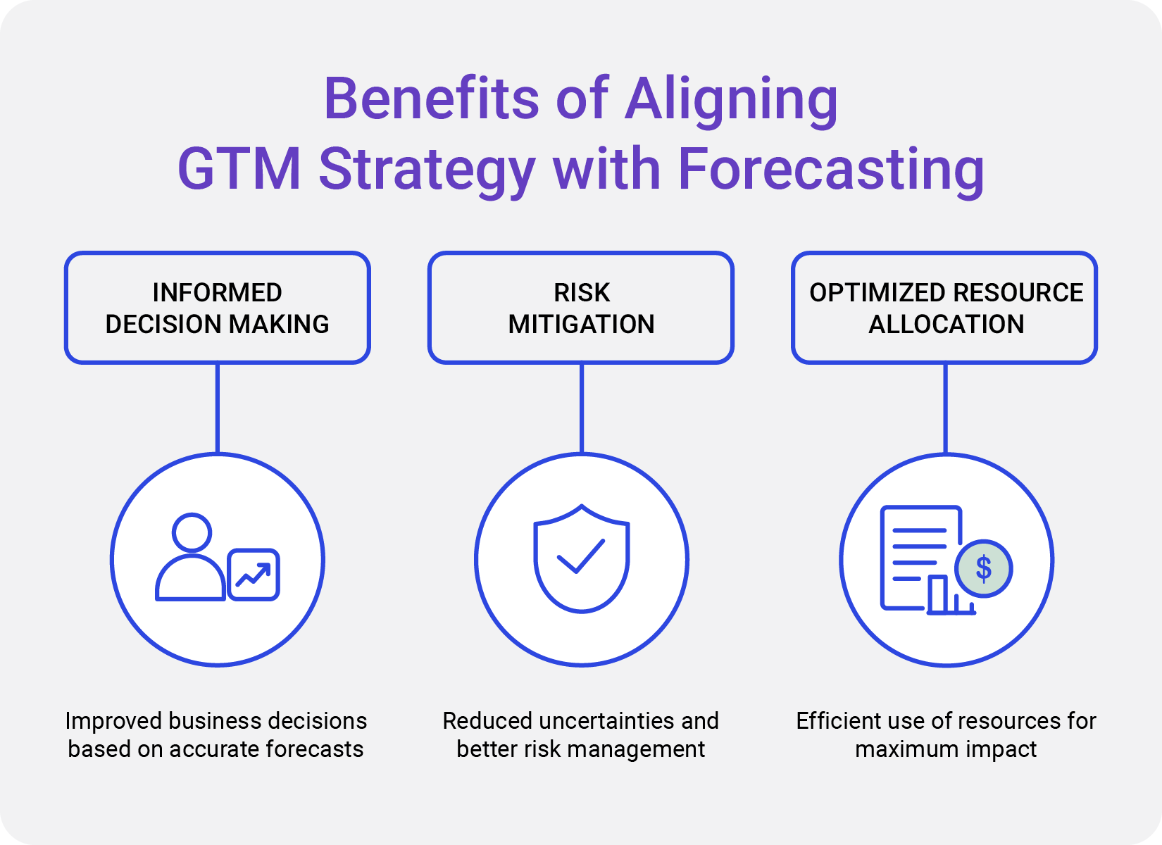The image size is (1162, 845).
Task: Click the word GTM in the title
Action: [x=239, y=170]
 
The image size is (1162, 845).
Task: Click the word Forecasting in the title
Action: [x=831, y=170]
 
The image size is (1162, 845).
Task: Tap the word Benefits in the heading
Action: [x=430, y=99]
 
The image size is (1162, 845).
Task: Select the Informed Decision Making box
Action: [x=217, y=308]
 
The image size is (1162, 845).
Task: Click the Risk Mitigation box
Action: [x=581, y=308]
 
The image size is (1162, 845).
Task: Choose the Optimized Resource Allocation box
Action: [x=944, y=308]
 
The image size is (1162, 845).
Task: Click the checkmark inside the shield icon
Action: [x=581, y=556]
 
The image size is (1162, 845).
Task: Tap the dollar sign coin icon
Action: [x=983, y=568]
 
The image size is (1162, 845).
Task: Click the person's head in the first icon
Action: [x=192, y=532]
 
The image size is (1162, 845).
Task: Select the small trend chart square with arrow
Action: [x=254, y=575]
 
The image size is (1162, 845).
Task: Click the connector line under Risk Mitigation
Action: [x=582, y=408]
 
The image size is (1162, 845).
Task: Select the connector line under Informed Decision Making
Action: [x=218, y=408]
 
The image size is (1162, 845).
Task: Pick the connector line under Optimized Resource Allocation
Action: [x=945, y=408]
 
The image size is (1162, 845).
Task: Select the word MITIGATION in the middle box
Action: [x=581, y=324]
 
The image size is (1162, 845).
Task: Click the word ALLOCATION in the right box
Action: [x=946, y=324]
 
